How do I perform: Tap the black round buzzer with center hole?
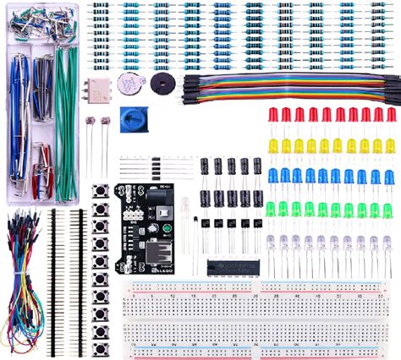pos(158,82)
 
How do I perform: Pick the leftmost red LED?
pos(272,114)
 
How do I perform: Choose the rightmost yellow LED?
pos(390,145)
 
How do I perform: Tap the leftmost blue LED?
pos(272,176)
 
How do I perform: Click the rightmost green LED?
pos(390,209)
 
